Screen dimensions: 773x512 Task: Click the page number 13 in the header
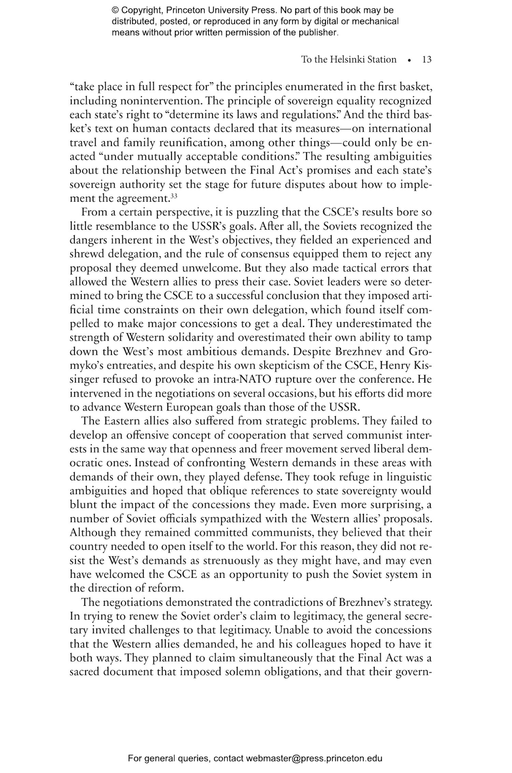click(x=427, y=60)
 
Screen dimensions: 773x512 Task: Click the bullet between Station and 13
click(x=409, y=60)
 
